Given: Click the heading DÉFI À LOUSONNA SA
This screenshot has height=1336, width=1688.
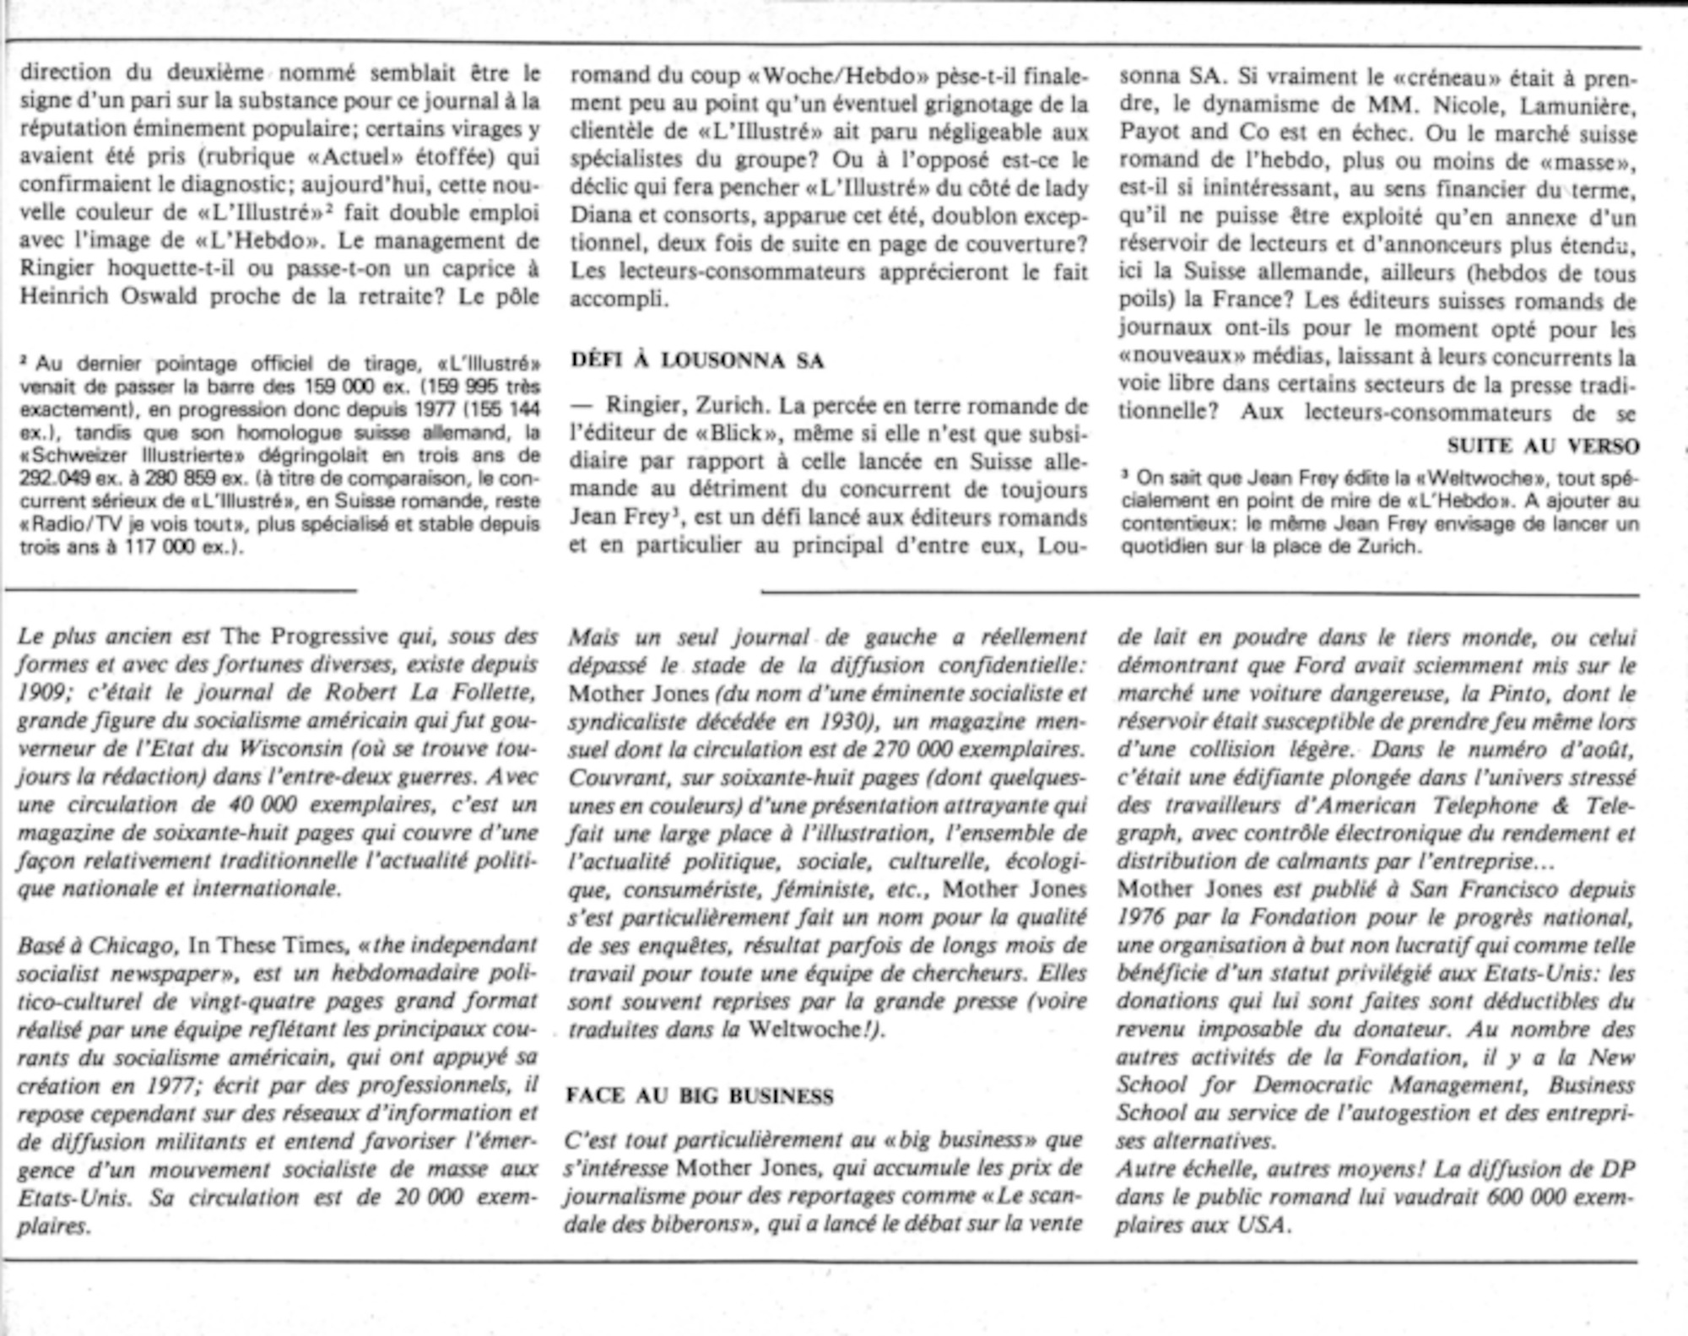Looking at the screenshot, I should (697, 360).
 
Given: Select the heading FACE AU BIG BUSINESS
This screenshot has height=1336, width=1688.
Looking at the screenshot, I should (700, 1096).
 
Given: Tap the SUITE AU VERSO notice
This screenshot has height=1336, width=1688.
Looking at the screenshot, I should (1543, 446).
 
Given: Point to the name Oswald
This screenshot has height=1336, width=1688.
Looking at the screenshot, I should (160, 296).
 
